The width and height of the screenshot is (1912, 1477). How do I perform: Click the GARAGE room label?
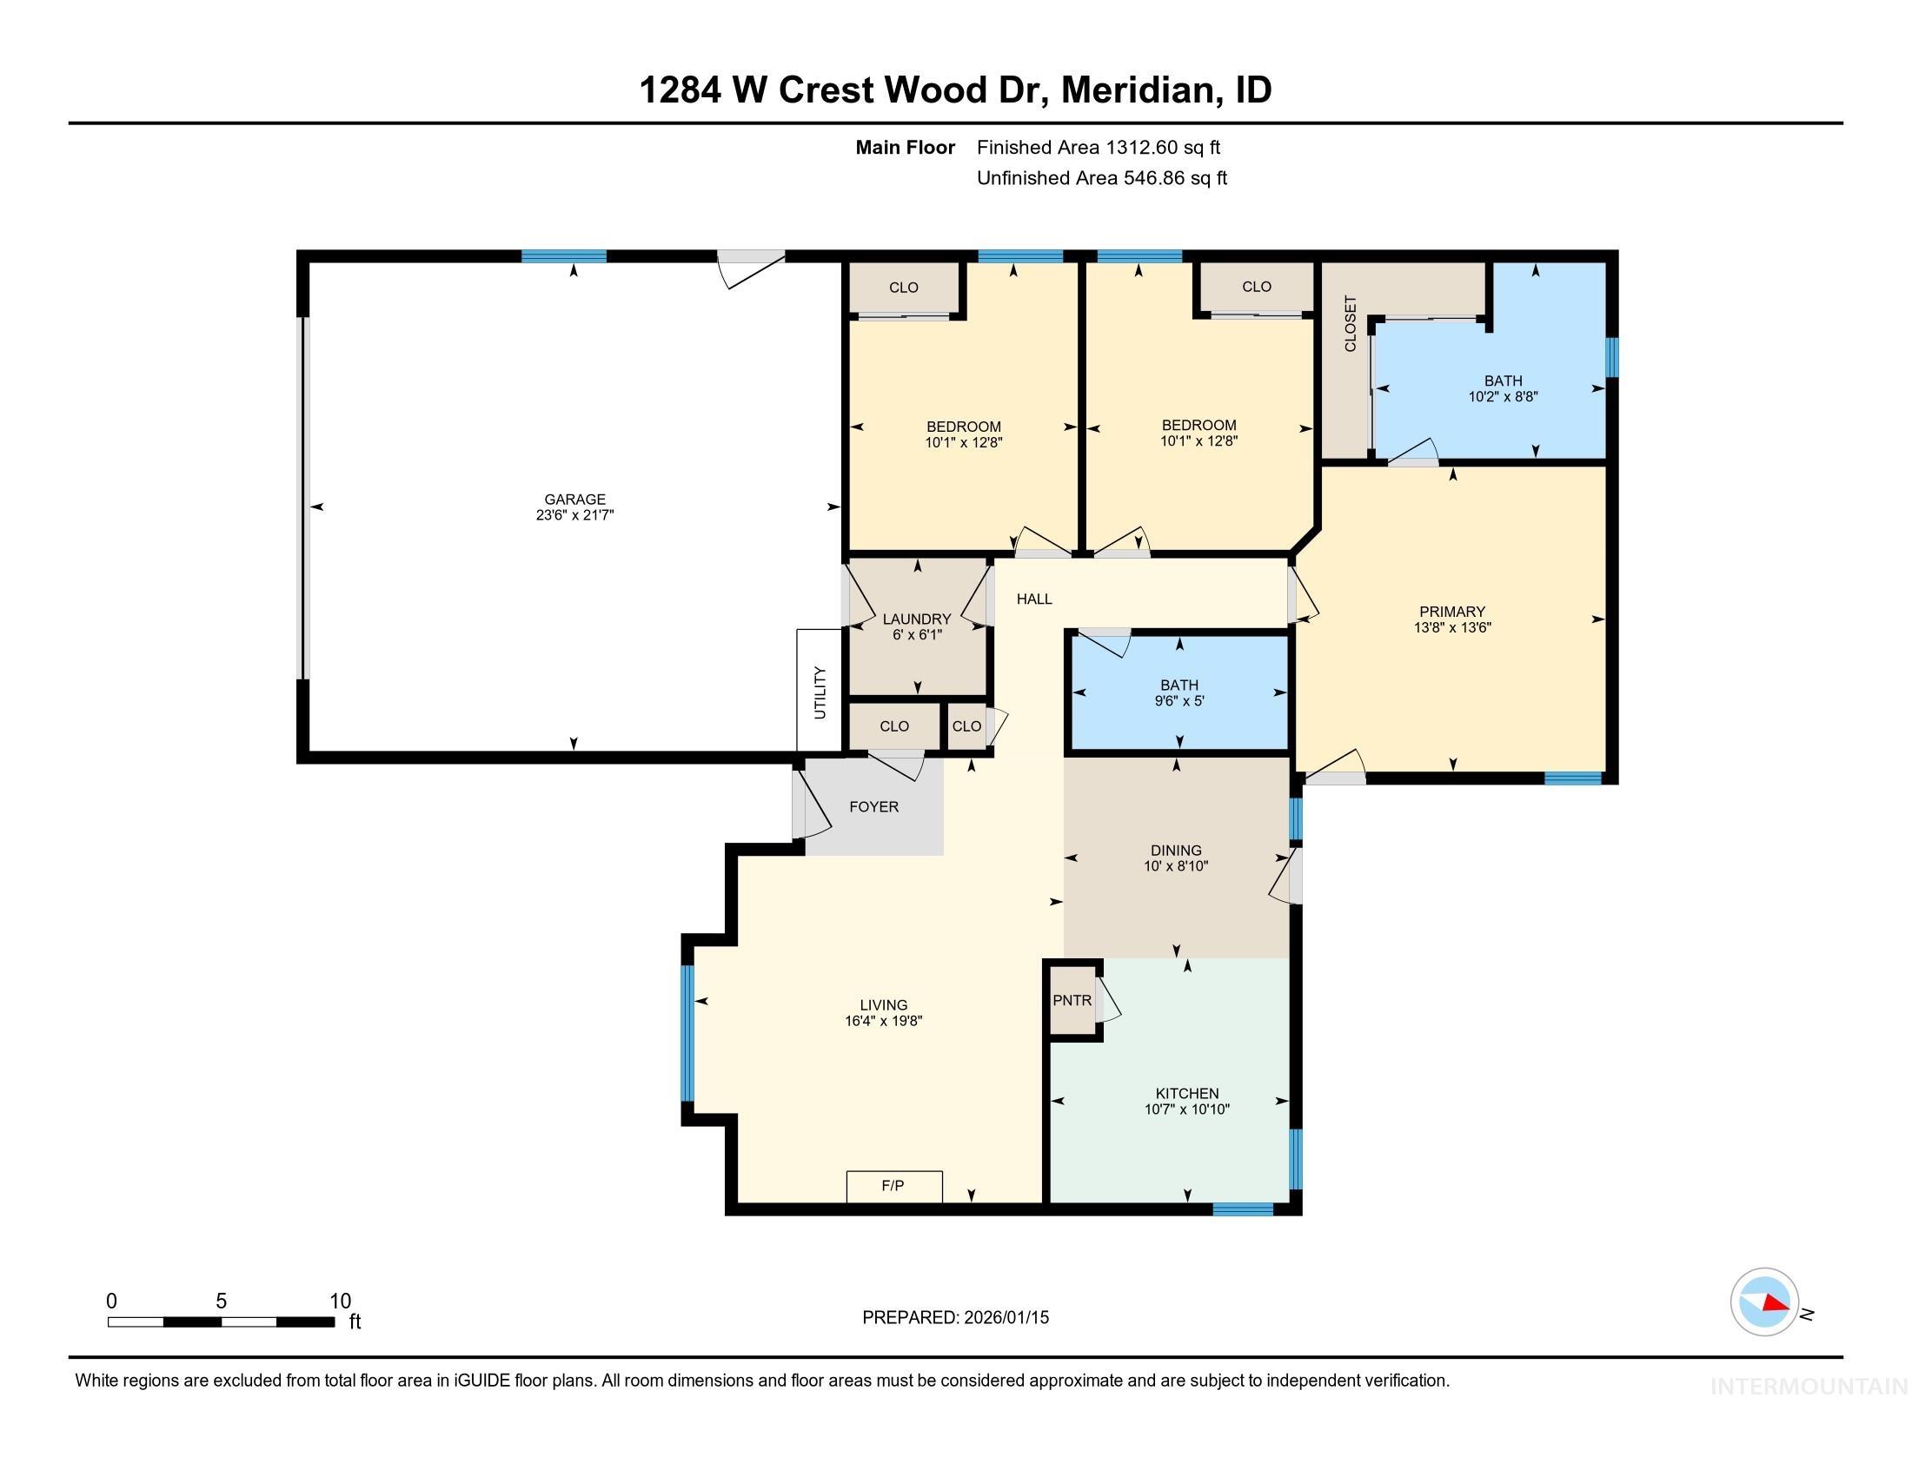click(x=574, y=500)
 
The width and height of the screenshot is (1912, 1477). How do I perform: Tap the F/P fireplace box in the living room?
click(x=893, y=1187)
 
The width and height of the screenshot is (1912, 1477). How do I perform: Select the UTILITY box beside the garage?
click(x=820, y=692)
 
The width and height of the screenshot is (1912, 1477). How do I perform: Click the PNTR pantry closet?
click(x=1072, y=1000)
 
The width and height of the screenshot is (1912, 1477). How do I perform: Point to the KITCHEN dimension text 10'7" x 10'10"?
click(x=1186, y=1109)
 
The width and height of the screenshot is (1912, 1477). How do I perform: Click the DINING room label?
click(x=1176, y=851)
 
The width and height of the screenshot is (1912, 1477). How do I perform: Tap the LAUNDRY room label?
click(x=917, y=619)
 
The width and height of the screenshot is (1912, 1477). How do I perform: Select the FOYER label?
click(x=873, y=807)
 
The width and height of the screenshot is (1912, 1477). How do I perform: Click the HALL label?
click(x=1034, y=599)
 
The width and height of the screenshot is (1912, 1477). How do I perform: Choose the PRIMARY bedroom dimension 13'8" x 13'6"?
click(x=1451, y=627)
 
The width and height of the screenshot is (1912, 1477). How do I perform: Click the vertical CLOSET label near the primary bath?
click(x=1349, y=324)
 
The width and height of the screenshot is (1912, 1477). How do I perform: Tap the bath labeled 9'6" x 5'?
click(x=1179, y=693)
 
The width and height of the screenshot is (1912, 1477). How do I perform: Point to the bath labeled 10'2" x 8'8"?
click(x=1503, y=388)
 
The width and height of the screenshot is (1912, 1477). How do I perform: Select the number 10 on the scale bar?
click(x=340, y=1301)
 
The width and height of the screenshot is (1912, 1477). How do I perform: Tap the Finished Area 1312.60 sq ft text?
click(x=1098, y=148)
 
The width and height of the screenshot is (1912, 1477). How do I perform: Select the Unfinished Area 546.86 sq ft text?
click(x=1101, y=178)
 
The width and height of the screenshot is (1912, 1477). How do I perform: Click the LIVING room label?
click(x=883, y=1005)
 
